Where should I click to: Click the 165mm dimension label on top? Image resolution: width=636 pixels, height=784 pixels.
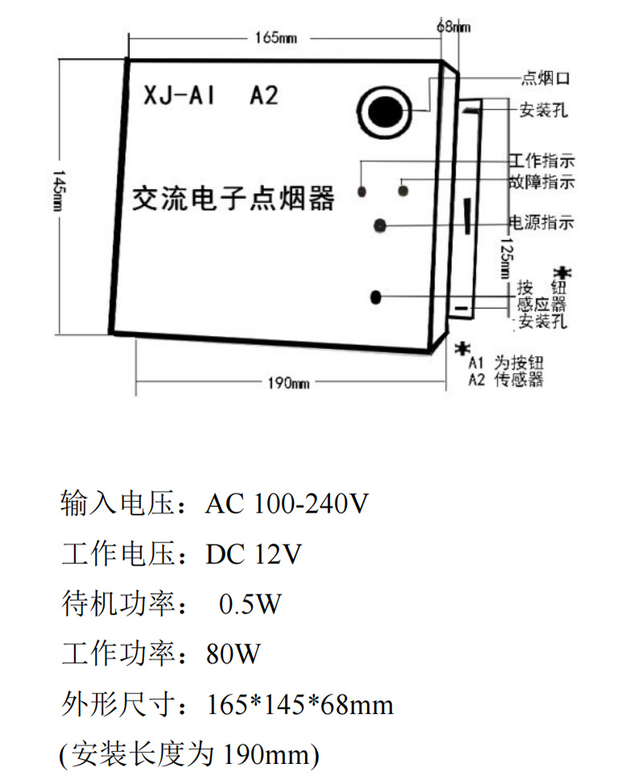pos(276,38)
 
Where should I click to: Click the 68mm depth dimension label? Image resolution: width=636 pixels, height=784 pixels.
pos(453,27)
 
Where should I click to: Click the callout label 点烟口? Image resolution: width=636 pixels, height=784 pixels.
pos(546,78)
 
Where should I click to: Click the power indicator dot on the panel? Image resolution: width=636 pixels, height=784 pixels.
pos(381,225)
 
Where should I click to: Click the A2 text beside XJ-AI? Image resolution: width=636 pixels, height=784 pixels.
pos(263,95)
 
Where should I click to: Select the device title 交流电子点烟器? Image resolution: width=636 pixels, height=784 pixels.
pos(233,196)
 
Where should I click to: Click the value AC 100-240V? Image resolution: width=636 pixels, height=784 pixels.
pos(287,505)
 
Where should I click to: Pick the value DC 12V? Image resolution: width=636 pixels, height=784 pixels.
pos(254,555)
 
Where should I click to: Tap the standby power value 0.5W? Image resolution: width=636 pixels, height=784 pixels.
pos(250,604)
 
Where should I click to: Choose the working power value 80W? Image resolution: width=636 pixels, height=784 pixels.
pos(233,654)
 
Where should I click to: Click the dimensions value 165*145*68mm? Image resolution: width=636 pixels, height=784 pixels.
pos(300,705)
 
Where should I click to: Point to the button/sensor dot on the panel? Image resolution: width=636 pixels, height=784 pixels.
pos(376,297)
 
